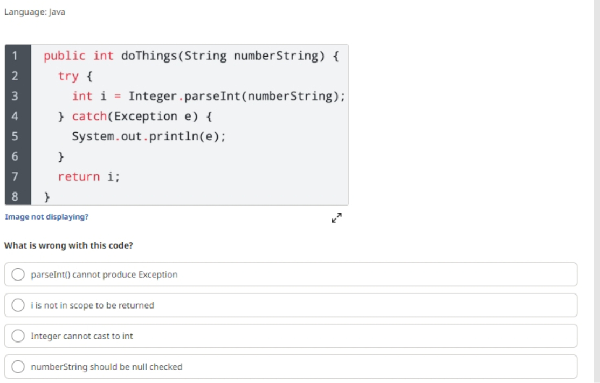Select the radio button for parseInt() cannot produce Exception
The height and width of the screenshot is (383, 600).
(18, 274)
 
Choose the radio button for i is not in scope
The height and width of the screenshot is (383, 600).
(18, 305)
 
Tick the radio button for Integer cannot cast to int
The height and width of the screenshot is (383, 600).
(18, 336)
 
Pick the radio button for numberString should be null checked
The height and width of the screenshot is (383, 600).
(18, 366)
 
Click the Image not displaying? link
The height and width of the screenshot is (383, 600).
(47, 217)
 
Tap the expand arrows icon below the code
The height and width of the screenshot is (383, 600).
(337, 218)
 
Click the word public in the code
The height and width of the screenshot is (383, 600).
(64, 56)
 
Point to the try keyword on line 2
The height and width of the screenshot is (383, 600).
(68, 76)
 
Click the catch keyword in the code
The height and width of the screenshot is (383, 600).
(89, 116)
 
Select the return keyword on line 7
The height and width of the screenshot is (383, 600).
(79, 176)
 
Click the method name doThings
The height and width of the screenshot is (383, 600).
(149, 56)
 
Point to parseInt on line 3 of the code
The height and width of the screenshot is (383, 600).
(212, 96)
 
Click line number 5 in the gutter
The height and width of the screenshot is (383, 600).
(15, 136)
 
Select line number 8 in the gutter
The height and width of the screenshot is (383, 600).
(15, 196)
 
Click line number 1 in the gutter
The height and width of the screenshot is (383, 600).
(15, 56)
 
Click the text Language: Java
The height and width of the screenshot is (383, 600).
(35, 12)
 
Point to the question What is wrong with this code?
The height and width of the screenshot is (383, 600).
(69, 245)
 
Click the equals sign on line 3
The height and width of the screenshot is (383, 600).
(118, 97)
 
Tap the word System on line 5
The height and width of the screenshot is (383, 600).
(93, 136)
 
